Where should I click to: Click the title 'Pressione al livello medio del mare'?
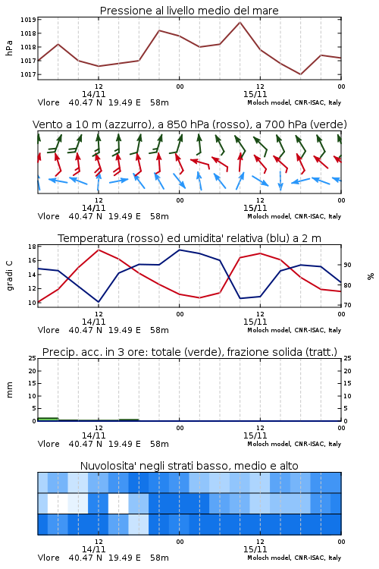pos(189,11)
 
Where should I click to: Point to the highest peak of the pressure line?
pos(240,23)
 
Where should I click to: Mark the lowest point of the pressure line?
pos(300,74)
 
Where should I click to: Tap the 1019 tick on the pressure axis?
pos(28,20)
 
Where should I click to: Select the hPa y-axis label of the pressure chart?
pos(9,48)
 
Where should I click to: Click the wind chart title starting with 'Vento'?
pos(189,124)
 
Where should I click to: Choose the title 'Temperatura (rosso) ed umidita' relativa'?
pos(189,238)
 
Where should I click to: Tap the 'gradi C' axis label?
pos(9,275)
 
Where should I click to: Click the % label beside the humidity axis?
pos(371,276)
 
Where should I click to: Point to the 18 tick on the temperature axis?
pos(32,247)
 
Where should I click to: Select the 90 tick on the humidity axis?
pos(347,265)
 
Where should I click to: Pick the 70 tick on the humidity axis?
pos(347,305)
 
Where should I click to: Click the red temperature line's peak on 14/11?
pos(99,250)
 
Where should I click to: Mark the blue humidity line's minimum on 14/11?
pos(99,302)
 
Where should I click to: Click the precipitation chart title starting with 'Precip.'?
pos(189,352)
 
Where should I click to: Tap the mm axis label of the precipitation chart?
pos(9,390)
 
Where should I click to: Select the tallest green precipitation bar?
pos(48,419)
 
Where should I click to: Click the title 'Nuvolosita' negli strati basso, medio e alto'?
pos(189,466)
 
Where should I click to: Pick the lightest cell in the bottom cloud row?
pos(139,524)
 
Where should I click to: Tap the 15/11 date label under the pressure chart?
pos(255,94)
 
